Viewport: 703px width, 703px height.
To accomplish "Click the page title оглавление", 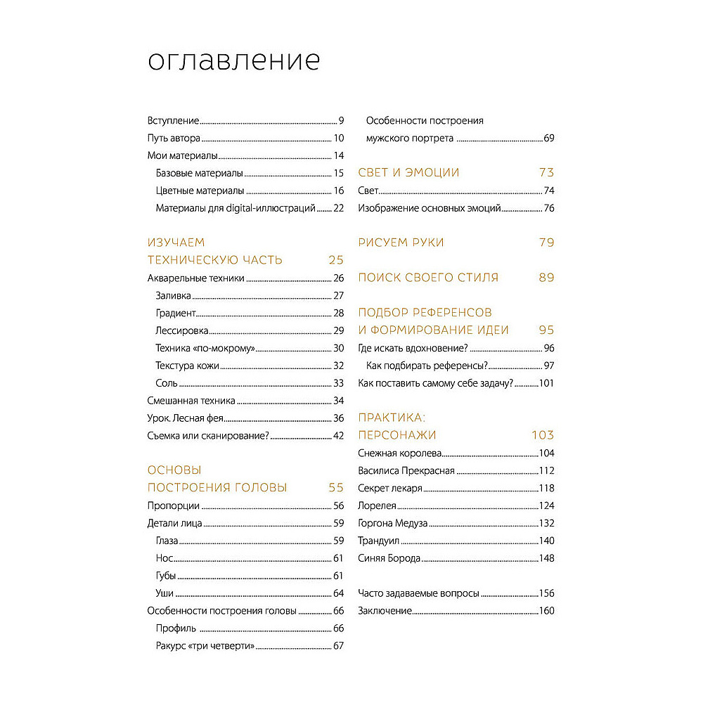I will (x=233, y=61).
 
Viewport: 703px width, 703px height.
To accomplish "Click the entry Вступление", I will (x=173, y=120).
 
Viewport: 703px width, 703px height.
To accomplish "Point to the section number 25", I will (x=335, y=260).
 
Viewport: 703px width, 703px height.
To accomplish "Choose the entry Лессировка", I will (x=181, y=330).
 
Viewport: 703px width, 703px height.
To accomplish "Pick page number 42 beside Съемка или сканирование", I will (x=337, y=436).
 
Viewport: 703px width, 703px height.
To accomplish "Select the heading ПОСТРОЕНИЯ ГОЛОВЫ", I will (x=217, y=488).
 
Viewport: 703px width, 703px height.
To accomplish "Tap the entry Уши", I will (x=165, y=593).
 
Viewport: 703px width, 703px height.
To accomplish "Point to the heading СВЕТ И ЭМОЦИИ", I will (x=408, y=173).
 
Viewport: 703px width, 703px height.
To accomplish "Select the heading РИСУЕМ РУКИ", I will (x=401, y=243).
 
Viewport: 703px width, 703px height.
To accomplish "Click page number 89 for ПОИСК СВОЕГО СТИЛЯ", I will (x=546, y=278).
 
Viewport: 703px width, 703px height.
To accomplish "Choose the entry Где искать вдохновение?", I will (x=413, y=348).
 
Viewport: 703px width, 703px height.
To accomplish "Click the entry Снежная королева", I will (x=399, y=453).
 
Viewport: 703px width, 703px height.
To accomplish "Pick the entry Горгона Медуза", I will (x=392, y=523).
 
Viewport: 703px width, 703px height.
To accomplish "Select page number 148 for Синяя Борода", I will (x=546, y=558).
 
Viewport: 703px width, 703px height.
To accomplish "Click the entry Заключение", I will (x=384, y=611).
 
